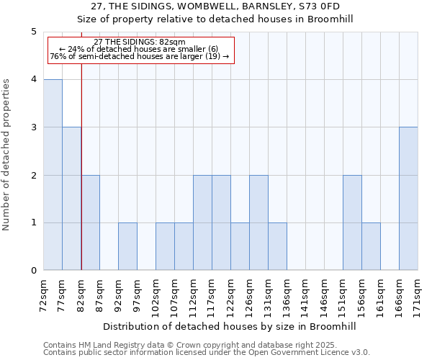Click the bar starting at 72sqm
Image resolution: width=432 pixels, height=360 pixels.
(53, 175)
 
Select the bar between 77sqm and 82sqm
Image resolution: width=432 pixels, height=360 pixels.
(71, 199)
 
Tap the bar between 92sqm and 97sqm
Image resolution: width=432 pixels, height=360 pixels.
(127, 246)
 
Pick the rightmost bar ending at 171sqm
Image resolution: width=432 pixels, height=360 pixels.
(408, 199)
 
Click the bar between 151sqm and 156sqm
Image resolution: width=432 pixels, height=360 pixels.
(352, 222)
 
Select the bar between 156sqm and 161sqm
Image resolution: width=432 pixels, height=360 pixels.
(371, 246)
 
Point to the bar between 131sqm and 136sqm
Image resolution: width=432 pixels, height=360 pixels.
(277, 246)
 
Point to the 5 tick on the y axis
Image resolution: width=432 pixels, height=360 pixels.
(34, 32)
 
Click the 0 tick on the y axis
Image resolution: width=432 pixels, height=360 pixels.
(34, 271)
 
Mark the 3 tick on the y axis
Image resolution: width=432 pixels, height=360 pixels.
(34, 127)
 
